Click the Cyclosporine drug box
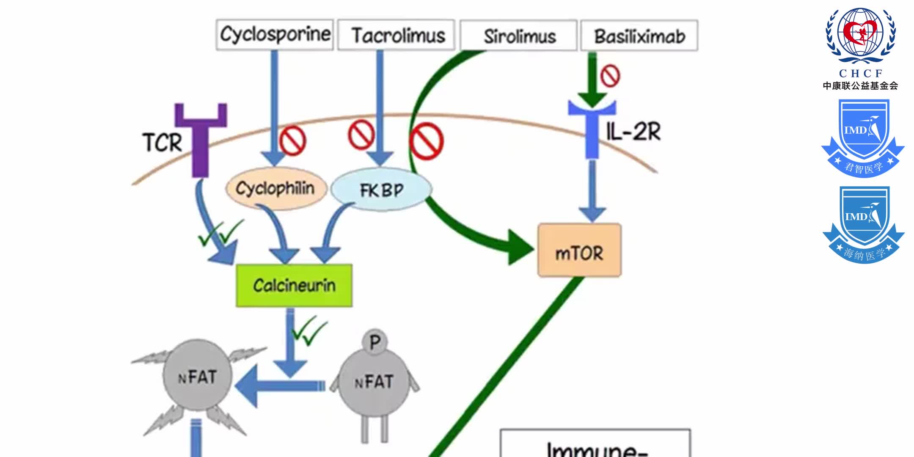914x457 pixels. (x=275, y=35)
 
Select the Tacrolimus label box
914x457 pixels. (x=396, y=35)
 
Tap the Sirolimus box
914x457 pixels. (x=519, y=36)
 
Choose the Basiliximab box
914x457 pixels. (x=639, y=36)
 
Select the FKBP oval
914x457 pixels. (x=381, y=190)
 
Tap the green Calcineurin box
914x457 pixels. (x=294, y=286)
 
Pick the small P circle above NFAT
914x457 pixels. (x=374, y=342)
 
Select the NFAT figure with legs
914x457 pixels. (x=374, y=383)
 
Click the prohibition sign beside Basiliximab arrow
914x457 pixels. (x=610, y=76)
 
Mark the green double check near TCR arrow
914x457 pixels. (x=220, y=233)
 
